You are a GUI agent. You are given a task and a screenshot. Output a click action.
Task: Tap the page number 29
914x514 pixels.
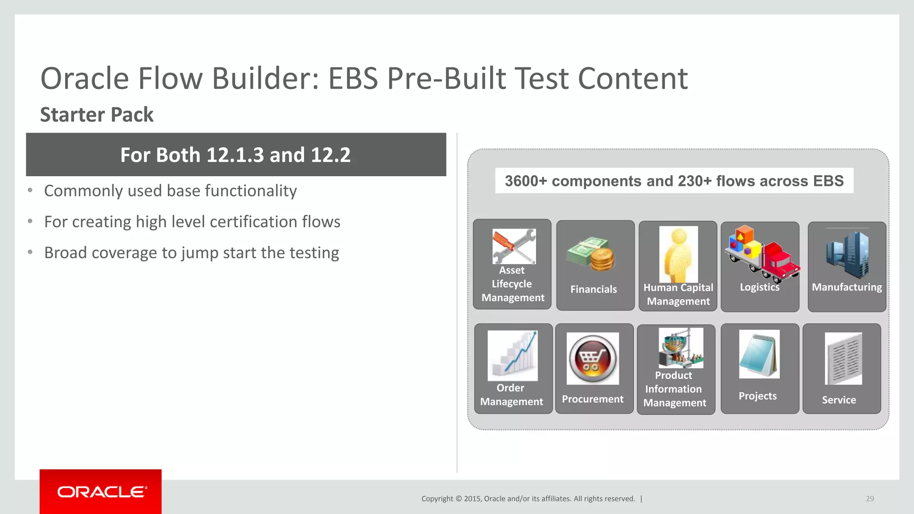click(x=870, y=499)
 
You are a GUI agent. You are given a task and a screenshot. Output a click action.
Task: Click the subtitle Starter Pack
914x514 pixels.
click(x=96, y=115)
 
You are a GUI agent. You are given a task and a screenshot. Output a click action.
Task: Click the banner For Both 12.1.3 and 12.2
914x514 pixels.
click(x=236, y=155)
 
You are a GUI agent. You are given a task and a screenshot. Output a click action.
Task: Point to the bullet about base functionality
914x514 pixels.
click(x=170, y=191)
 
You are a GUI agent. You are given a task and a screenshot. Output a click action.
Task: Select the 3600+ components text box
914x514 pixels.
click(x=674, y=181)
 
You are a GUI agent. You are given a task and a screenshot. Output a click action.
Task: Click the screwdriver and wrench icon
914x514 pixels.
click(x=514, y=246)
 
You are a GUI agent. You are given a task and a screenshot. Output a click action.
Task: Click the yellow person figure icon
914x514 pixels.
click(x=678, y=253)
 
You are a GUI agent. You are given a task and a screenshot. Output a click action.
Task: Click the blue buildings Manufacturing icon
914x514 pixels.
click(x=847, y=254)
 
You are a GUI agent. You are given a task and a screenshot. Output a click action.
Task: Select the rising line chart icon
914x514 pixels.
click(x=513, y=355)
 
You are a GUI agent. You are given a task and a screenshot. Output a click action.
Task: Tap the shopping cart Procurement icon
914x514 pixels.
click(x=593, y=359)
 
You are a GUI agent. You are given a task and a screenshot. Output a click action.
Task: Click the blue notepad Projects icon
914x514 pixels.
click(x=759, y=354)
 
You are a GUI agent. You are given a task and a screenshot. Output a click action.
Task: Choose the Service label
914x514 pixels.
click(x=839, y=400)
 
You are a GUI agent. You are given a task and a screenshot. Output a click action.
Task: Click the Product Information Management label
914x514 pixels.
click(x=674, y=389)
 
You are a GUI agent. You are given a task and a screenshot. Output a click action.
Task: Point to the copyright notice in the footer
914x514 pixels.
click(x=528, y=499)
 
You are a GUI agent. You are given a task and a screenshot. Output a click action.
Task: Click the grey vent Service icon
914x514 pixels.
click(x=843, y=359)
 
